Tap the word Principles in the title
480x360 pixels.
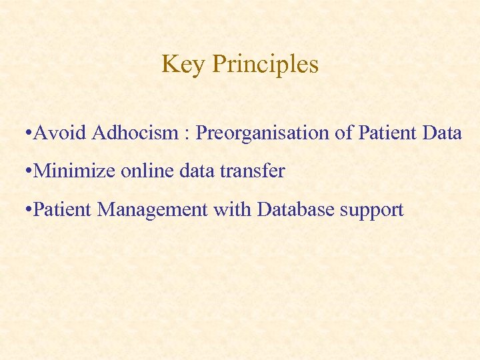point(265,65)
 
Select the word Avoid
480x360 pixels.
point(60,133)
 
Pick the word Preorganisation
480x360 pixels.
point(263,133)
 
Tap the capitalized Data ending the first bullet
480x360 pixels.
point(442,133)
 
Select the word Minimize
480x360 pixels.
point(75,171)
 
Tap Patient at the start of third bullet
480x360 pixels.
point(63,210)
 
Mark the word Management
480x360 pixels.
point(153,211)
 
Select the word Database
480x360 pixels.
point(296,210)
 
